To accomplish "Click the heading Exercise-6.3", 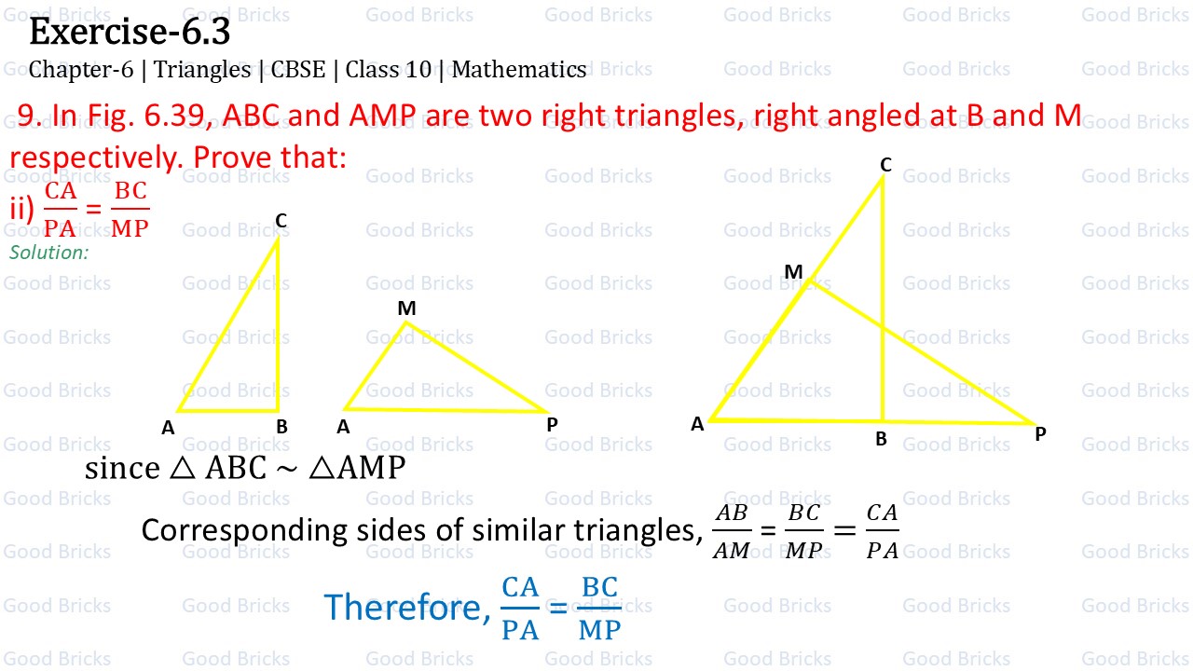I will point(130,33).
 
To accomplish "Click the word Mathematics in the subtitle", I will point(519,70).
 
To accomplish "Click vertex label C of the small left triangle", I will point(281,221).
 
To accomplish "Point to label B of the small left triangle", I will point(281,428).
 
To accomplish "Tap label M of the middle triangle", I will point(406,308).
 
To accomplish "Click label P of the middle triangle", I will point(552,425).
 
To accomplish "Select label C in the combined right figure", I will point(885,165).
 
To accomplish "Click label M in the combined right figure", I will point(793,272).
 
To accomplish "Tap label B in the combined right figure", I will point(881,439).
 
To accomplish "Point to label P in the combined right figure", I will point(1040,434).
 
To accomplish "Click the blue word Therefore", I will point(403,608).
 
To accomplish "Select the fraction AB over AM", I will point(732,531).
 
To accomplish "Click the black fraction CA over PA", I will point(882,531).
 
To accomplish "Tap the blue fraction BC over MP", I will point(599,609).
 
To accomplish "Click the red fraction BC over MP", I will point(130,209).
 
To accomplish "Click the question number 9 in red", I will point(28,115).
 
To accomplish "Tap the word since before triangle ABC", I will point(122,468).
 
